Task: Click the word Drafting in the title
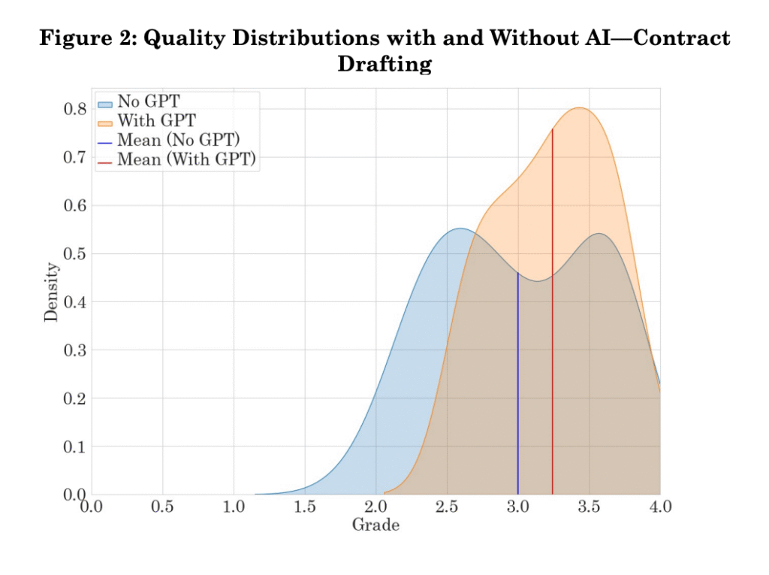point(384,65)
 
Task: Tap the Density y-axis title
point(51,291)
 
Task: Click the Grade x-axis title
point(375,525)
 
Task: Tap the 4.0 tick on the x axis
point(659,507)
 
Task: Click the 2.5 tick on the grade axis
point(447,507)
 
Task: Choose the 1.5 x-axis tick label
point(305,507)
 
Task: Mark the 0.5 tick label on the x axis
point(162,507)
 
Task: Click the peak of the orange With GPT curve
point(580,108)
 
